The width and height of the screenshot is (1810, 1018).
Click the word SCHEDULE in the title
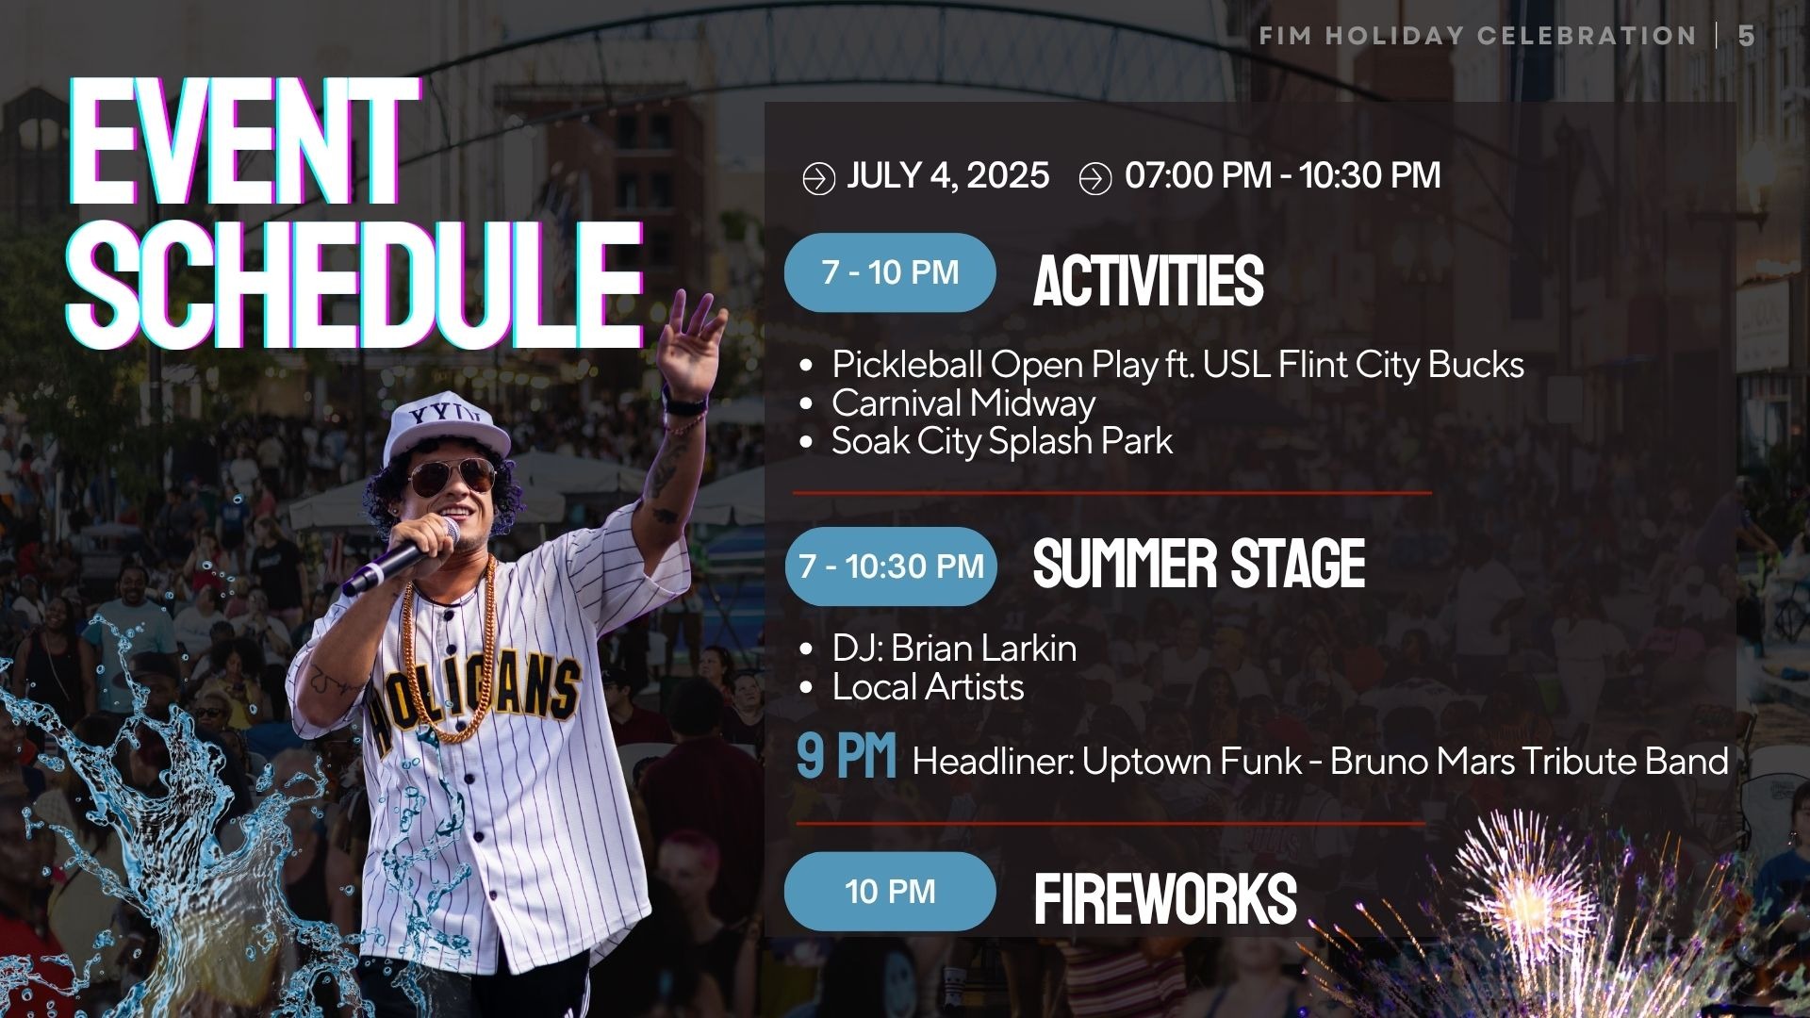(355, 285)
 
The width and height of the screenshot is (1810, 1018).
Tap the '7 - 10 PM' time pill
(890, 272)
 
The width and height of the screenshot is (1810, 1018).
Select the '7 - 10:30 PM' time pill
(891, 566)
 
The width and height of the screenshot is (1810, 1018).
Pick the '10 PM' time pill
(890, 892)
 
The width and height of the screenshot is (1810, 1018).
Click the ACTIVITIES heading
(1148, 281)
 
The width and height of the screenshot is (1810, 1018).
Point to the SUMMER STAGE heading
(1199, 564)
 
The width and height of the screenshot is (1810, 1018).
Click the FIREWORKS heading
(1165, 899)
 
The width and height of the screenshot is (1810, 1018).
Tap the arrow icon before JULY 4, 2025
(818, 178)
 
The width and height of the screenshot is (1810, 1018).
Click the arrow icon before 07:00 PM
(1095, 178)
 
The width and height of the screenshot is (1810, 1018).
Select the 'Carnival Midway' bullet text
(963, 403)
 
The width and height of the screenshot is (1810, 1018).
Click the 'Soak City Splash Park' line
(1002, 441)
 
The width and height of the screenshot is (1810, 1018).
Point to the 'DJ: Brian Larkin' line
(954, 649)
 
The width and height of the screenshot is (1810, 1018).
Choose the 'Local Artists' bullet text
(928, 687)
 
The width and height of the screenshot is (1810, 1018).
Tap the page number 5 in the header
(1746, 36)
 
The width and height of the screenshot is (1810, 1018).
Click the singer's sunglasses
(452, 476)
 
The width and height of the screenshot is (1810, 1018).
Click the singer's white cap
(446, 427)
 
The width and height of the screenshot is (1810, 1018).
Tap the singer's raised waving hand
(693, 344)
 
